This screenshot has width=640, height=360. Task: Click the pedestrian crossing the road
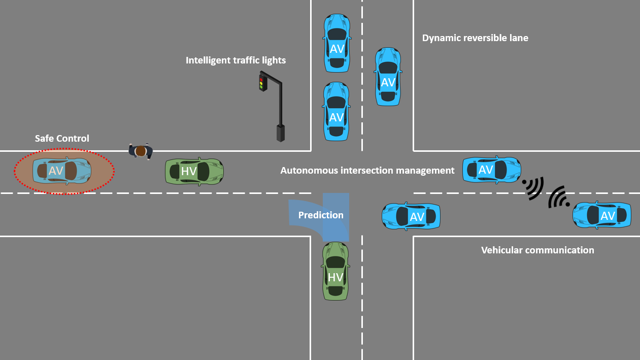point(141,151)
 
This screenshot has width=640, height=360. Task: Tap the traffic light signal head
point(262,83)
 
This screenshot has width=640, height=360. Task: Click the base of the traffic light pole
point(281,133)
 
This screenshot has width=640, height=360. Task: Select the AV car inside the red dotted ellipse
point(62,171)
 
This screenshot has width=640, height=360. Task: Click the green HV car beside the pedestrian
point(194,171)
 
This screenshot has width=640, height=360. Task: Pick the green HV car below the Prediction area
point(335,271)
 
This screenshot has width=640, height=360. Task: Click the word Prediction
point(321,215)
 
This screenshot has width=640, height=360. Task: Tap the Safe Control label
point(62,139)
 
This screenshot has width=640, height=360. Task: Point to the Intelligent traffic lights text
point(235,60)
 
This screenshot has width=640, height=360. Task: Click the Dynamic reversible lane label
point(475,38)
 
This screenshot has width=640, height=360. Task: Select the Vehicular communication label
point(537,250)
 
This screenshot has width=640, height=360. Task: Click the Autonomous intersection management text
point(367,171)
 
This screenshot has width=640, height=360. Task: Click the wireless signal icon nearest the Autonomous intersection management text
point(533,188)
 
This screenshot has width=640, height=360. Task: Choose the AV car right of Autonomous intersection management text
point(492,170)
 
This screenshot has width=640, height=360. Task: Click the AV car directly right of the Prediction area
point(411,216)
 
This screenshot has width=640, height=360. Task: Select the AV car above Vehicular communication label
point(602,215)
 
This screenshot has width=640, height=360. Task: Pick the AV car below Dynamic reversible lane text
point(388,77)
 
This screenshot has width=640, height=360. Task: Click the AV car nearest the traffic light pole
point(336,111)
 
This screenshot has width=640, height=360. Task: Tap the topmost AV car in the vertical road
point(337,43)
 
